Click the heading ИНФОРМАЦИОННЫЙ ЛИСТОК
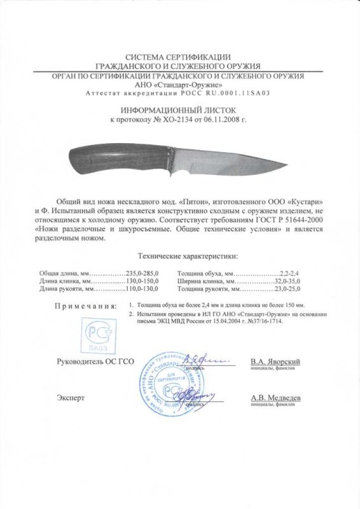click(x=180, y=109)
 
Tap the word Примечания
click(x=85, y=306)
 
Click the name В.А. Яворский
click(x=275, y=361)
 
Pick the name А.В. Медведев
click(x=275, y=398)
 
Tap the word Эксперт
click(x=70, y=398)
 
